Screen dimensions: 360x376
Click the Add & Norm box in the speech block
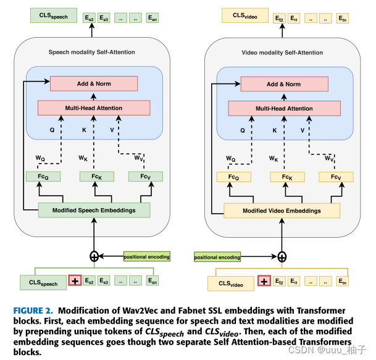point(94,83)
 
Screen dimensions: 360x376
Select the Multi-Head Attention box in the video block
point(284,108)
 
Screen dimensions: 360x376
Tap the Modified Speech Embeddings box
point(94,210)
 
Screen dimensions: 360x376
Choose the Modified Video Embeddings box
point(282,211)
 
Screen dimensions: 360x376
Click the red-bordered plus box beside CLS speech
point(75,282)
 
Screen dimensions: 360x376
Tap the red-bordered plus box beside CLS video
point(264,282)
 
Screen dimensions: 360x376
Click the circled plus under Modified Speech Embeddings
point(94,256)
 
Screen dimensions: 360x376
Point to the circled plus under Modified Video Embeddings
point(282,256)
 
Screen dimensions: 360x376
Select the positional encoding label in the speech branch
point(146,256)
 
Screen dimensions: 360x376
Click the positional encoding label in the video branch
point(218,256)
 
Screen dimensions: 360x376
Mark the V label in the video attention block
point(302,130)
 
